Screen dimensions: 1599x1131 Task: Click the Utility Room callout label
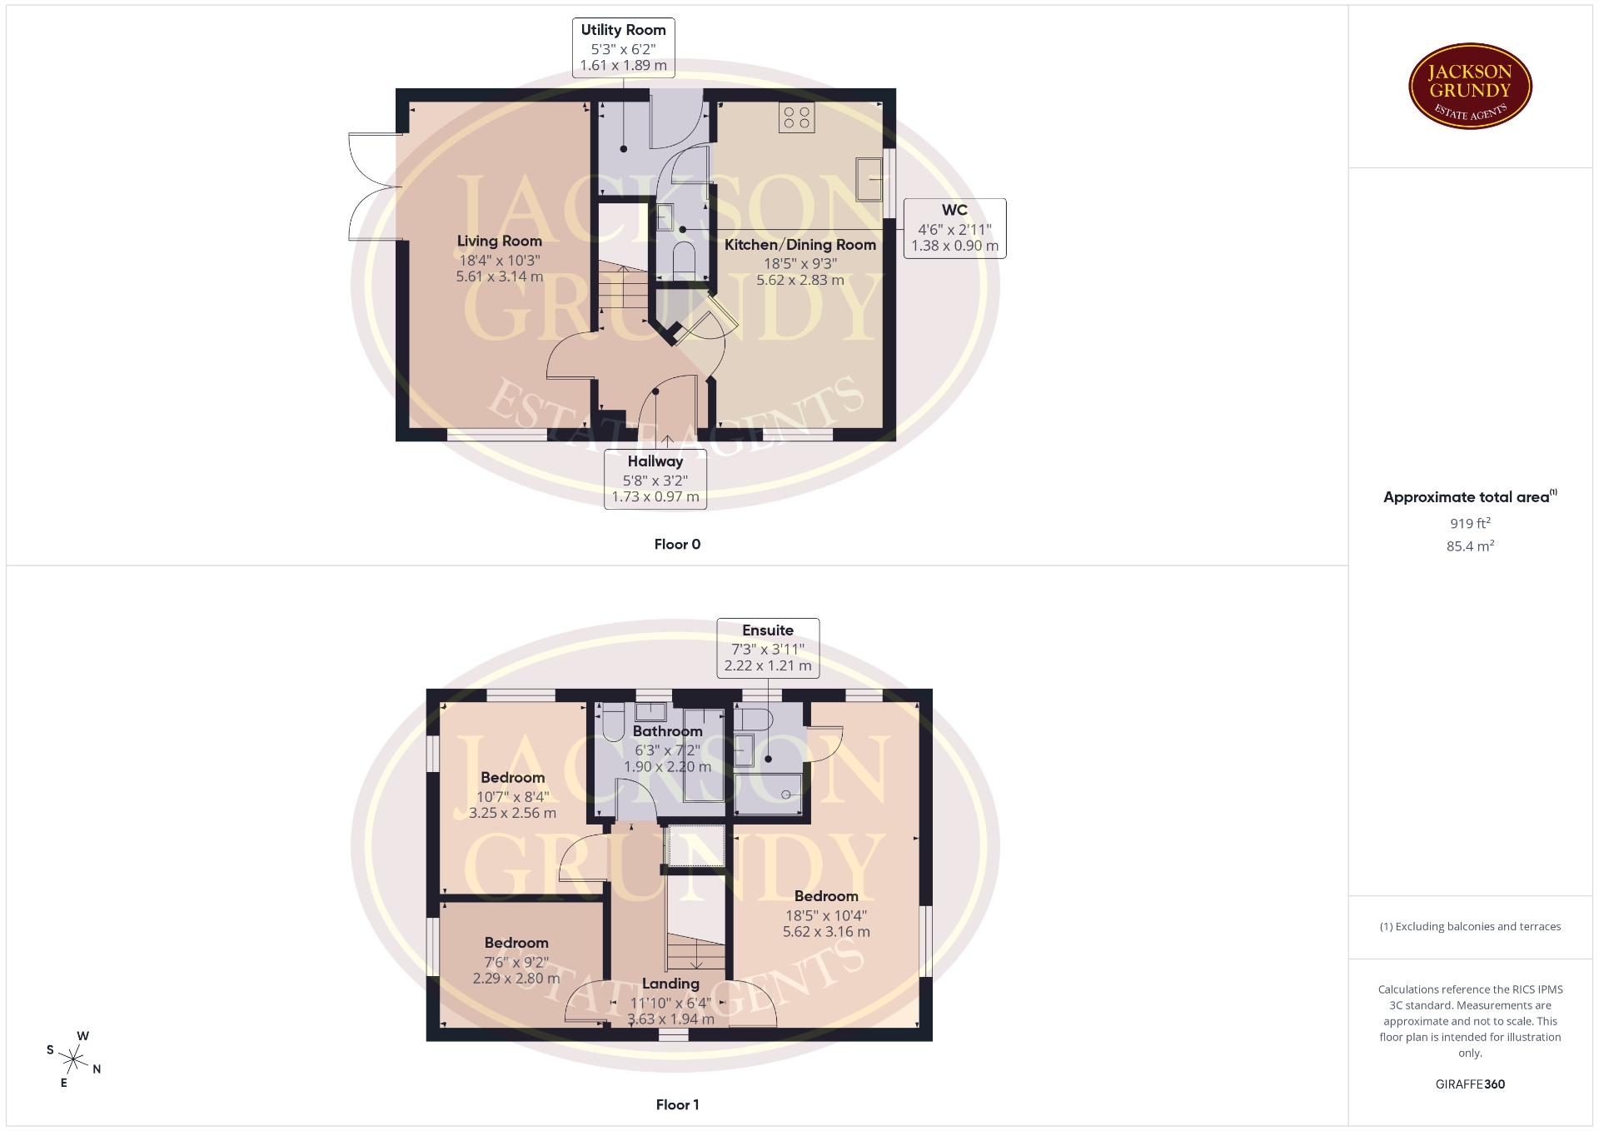pyautogui.click(x=623, y=47)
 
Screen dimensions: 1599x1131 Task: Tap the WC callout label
pyautogui.click(x=954, y=227)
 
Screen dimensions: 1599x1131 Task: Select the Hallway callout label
pyautogui.click(x=655, y=479)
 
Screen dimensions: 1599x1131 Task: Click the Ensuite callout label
pyautogui.click(x=768, y=647)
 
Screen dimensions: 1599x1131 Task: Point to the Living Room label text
pyautogui.click(x=499, y=242)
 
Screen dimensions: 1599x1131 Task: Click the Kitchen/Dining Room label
pyautogui.click(x=799, y=245)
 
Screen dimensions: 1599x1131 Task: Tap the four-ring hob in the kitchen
pyautogui.click(x=797, y=117)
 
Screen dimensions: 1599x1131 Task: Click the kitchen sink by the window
pyautogui.click(x=869, y=179)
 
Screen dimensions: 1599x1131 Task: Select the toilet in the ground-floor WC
pyautogui.click(x=684, y=258)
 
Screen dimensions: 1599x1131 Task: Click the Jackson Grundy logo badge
pyautogui.click(x=1470, y=87)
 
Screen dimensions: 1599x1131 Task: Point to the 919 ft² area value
pyautogui.click(x=1470, y=523)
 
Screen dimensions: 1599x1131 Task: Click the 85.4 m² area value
pyautogui.click(x=1470, y=546)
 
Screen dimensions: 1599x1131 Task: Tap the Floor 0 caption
pyautogui.click(x=677, y=545)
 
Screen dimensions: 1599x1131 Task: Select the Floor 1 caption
pyautogui.click(x=677, y=1105)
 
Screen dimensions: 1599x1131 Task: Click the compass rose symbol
pyautogui.click(x=74, y=1059)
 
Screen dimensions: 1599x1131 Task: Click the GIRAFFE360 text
pyautogui.click(x=1470, y=1084)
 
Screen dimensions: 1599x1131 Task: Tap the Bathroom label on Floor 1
pyautogui.click(x=667, y=731)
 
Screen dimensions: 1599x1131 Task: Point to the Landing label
pyautogui.click(x=670, y=984)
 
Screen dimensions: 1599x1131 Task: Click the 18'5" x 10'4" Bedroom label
pyautogui.click(x=826, y=914)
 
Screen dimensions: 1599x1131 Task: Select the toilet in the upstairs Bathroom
pyautogui.click(x=613, y=722)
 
